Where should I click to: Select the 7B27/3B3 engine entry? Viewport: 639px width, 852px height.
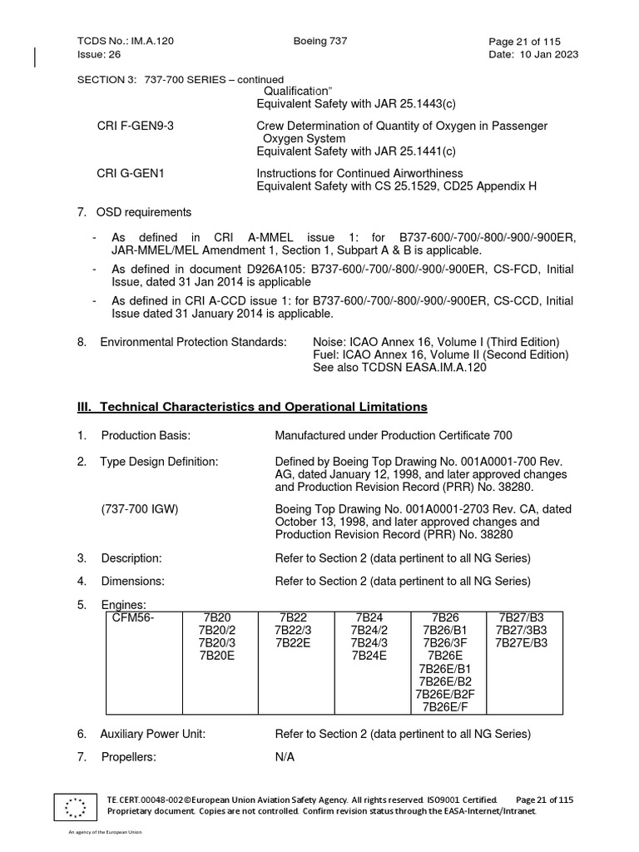[x=523, y=630]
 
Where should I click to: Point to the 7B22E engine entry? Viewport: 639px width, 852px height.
[x=293, y=642]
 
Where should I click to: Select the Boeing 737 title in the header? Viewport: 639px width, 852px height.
[x=320, y=41]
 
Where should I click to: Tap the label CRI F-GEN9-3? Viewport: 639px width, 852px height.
[x=136, y=126]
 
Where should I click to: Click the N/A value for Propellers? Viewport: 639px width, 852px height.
[x=285, y=757]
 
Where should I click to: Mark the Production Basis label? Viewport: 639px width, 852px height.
[x=146, y=436]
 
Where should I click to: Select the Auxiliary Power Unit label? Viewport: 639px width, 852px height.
[x=152, y=734]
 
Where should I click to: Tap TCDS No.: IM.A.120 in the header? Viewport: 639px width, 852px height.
[x=126, y=41]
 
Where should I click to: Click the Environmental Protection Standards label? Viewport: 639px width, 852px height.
[x=193, y=342]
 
